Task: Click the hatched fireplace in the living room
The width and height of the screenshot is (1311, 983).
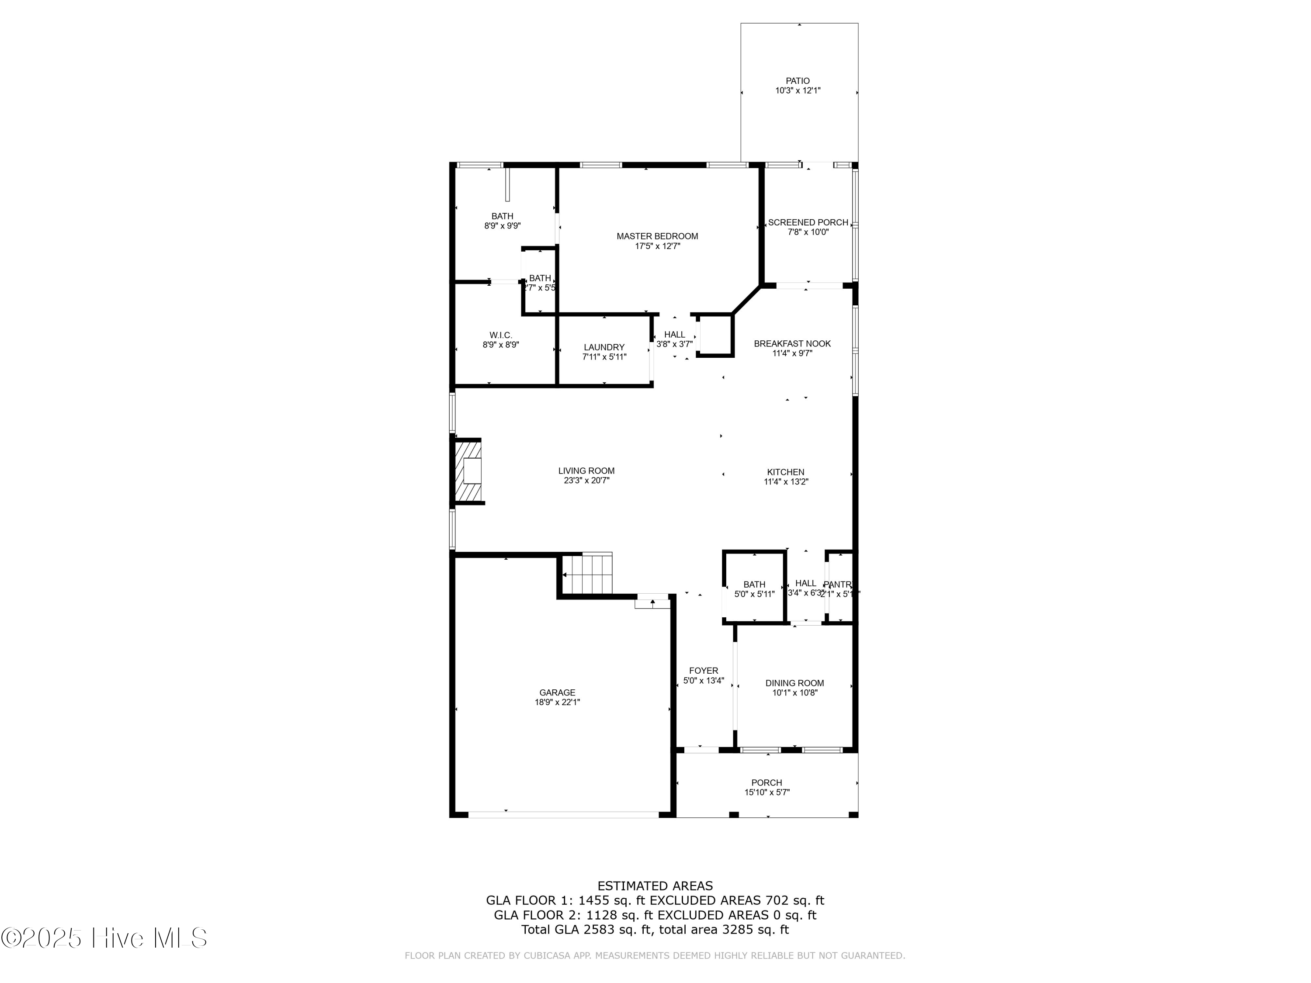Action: tap(468, 471)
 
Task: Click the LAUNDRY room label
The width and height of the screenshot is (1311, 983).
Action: tap(604, 347)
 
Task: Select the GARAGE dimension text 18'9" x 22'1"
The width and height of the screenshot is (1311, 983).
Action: tap(557, 702)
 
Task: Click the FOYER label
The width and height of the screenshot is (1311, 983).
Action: tap(704, 671)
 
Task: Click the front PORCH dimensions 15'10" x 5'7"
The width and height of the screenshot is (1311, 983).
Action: tap(767, 792)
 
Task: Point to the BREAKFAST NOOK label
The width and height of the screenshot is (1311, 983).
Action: tap(792, 344)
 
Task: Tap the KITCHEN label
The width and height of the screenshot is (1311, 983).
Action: tap(786, 472)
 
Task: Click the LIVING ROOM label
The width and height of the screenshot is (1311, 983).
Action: tap(586, 471)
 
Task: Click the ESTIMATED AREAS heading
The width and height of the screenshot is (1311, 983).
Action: tap(655, 886)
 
